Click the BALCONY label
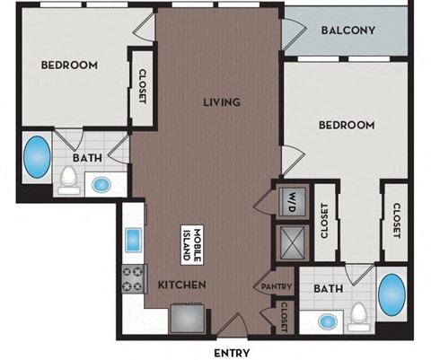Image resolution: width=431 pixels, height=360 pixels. (x=348, y=31)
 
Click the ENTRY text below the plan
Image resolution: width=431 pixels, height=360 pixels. (x=232, y=352)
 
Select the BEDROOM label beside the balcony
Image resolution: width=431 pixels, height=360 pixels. (x=346, y=125)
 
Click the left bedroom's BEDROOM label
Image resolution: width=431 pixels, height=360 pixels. (x=69, y=66)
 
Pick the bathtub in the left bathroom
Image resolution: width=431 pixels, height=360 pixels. (x=37, y=157)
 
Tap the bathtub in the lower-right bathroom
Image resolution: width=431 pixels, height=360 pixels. (x=392, y=295)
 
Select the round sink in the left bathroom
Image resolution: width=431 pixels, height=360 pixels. (x=101, y=185)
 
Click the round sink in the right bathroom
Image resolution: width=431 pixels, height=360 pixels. (x=327, y=320)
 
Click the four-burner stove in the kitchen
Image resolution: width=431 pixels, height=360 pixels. (x=134, y=279)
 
